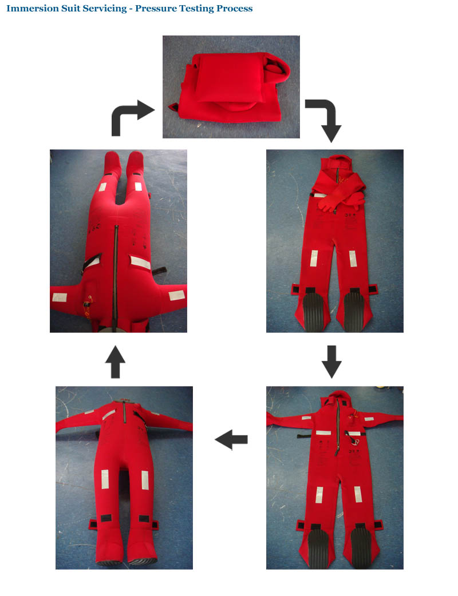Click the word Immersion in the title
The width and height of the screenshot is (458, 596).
click(33, 9)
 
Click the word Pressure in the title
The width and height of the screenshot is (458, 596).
click(156, 9)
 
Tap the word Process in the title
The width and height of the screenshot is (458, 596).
click(234, 9)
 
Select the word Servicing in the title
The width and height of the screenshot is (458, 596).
click(105, 9)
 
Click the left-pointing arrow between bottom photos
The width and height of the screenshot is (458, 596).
click(231, 440)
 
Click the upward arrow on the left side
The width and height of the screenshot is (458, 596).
click(115, 362)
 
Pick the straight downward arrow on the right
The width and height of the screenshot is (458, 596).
click(331, 362)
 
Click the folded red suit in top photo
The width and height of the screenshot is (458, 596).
click(233, 88)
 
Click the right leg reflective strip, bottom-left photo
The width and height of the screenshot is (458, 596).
click(145, 480)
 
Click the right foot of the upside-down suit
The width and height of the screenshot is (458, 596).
click(135, 162)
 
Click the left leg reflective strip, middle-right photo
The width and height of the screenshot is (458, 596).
click(314, 259)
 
